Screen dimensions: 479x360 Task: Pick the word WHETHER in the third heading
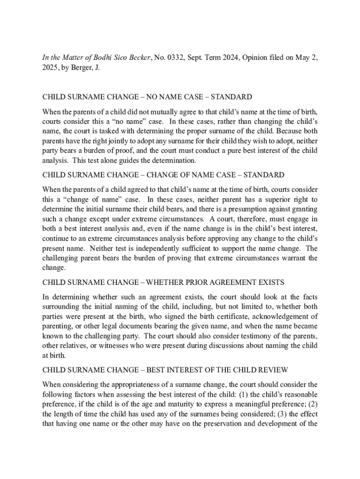point(170,283)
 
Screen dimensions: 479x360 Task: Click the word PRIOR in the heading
point(202,283)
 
